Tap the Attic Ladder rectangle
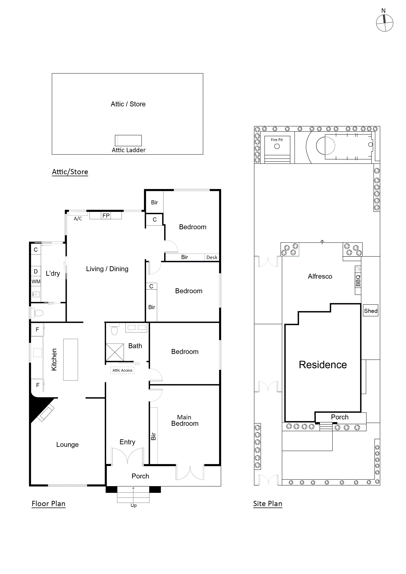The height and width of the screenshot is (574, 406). pyautogui.click(x=128, y=141)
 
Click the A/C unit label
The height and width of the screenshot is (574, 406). pyautogui.click(x=78, y=218)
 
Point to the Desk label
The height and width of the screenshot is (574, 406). pyautogui.click(x=212, y=258)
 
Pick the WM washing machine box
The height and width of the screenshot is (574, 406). pyautogui.click(x=36, y=281)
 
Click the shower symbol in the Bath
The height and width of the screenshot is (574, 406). pyautogui.click(x=115, y=352)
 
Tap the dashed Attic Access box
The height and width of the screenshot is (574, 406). pyautogui.click(x=122, y=370)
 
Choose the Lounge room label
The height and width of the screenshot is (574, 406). pyautogui.click(x=67, y=445)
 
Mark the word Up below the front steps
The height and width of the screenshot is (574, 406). pyautogui.click(x=134, y=505)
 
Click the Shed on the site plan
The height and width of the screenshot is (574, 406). pyautogui.click(x=370, y=311)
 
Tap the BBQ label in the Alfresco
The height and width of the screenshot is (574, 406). pyautogui.click(x=358, y=280)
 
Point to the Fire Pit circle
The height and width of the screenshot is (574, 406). pyautogui.click(x=277, y=146)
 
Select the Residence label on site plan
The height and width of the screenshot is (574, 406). pyautogui.click(x=323, y=365)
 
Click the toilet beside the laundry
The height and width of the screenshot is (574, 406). pyautogui.click(x=37, y=313)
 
